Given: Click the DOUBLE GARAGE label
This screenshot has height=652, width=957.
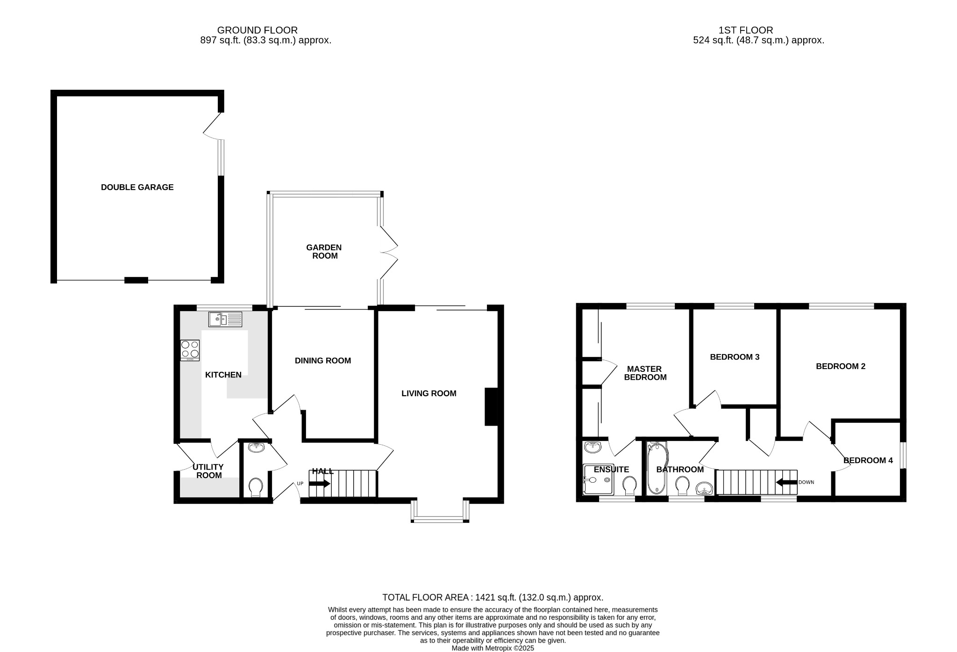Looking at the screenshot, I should pyautogui.click(x=137, y=187).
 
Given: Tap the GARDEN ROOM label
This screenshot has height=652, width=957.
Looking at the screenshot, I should pyautogui.click(x=324, y=252).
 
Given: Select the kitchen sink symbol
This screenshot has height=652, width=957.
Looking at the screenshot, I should pyautogui.click(x=225, y=319).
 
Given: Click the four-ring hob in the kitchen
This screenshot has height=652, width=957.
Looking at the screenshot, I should pyautogui.click(x=190, y=350).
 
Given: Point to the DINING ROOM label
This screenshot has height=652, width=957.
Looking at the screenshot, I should pyautogui.click(x=322, y=361).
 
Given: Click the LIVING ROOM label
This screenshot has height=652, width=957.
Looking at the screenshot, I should pyautogui.click(x=429, y=393).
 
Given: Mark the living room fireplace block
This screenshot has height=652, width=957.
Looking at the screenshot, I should pyautogui.click(x=491, y=406).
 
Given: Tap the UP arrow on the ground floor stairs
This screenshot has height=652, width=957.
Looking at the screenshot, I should pyautogui.click(x=320, y=484).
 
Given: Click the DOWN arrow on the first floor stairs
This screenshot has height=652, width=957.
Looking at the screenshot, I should pyautogui.click(x=786, y=482).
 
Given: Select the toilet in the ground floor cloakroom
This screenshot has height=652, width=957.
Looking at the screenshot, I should pyautogui.click(x=256, y=487).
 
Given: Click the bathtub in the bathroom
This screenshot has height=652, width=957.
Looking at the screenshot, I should pyautogui.click(x=657, y=468).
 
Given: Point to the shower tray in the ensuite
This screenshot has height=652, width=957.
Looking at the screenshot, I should pyautogui.click(x=598, y=479).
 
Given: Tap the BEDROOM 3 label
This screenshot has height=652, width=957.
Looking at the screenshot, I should pyautogui.click(x=735, y=357).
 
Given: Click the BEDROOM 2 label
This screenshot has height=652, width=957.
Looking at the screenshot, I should pyautogui.click(x=840, y=366).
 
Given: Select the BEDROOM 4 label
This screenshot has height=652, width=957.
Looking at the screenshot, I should pyautogui.click(x=868, y=460).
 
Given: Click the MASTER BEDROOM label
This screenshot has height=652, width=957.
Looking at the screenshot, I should pyautogui.click(x=645, y=373).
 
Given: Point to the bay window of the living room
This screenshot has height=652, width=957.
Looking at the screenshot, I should pyautogui.click(x=440, y=518).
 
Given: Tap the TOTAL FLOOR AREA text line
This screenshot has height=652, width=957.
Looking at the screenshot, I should pyautogui.click(x=493, y=597).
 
